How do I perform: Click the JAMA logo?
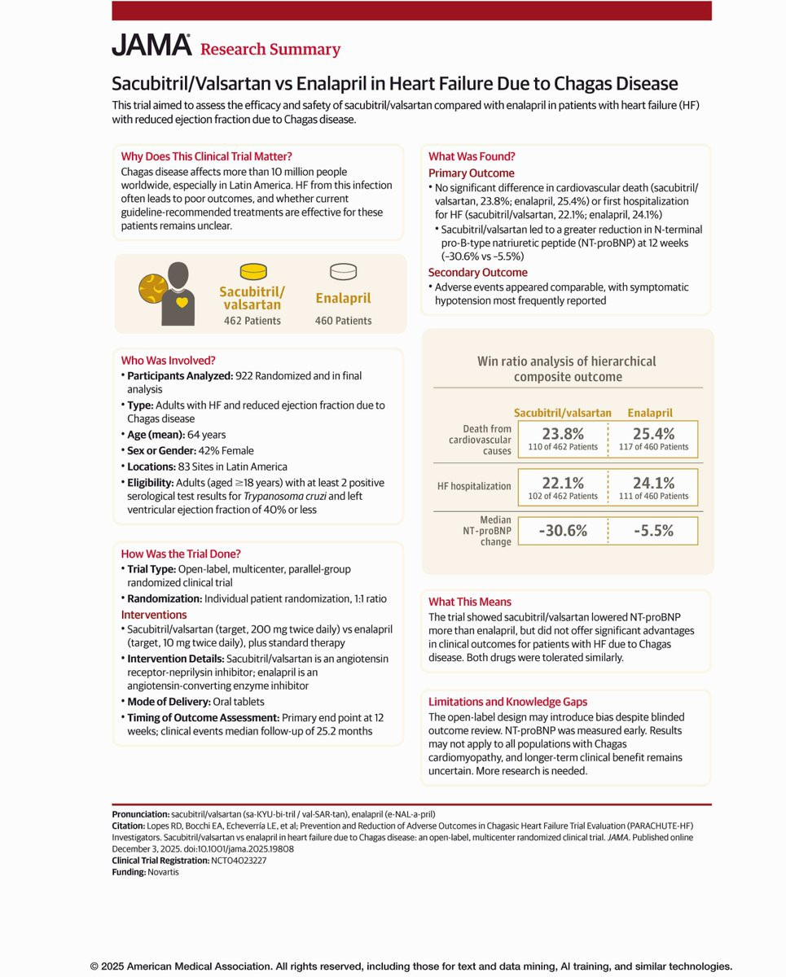click(x=151, y=46)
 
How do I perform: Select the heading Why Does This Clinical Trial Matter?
click(x=206, y=156)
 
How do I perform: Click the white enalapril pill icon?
click(x=342, y=271)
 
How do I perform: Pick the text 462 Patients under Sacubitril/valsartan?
click(x=252, y=321)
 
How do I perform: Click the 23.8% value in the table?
click(x=562, y=434)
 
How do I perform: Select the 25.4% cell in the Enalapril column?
click(x=654, y=434)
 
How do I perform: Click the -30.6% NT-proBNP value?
click(x=562, y=531)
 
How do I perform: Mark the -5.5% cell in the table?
click(x=654, y=531)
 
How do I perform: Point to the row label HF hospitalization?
click(x=474, y=486)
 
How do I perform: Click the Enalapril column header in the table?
click(x=650, y=413)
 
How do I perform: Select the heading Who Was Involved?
click(x=168, y=360)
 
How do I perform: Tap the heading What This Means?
click(x=470, y=602)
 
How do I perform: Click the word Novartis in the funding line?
click(x=163, y=872)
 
